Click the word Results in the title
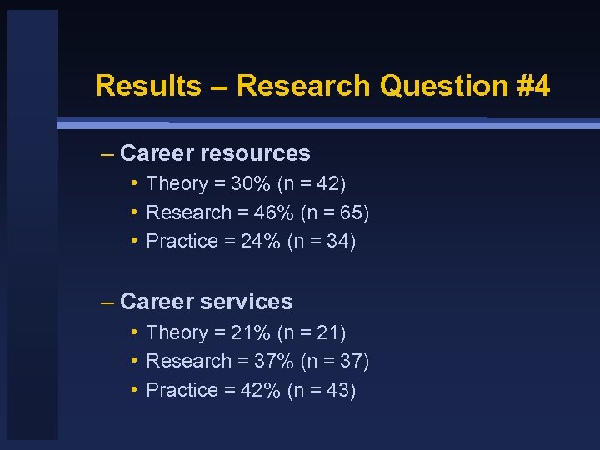point(148,86)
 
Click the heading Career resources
point(215,153)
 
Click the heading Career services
point(207,302)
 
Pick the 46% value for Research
point(272,213)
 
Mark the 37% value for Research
point(272,362)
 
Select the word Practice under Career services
point(182,391)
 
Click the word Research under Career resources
point(188,213)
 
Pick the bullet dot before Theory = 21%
point(134,332)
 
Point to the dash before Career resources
point(106,154)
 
